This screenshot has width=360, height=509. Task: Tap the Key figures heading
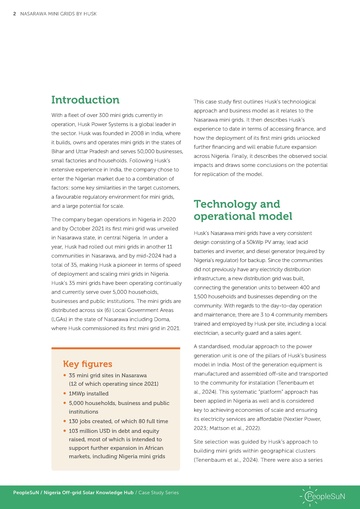click(x=87, y=362)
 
